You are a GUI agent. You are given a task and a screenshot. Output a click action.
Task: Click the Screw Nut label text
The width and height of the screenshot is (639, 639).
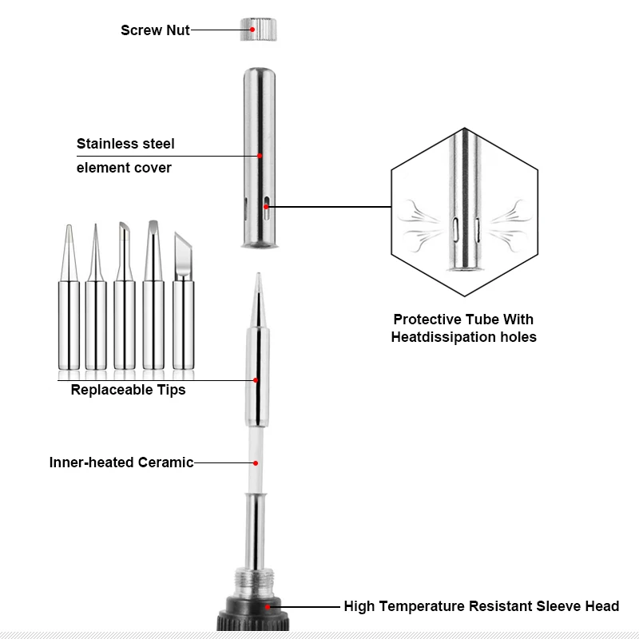[155, 30]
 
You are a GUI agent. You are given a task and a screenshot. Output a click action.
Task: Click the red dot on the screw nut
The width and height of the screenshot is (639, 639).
[252, 30]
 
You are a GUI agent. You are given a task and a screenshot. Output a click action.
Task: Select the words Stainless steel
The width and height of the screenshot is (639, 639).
[125, 145]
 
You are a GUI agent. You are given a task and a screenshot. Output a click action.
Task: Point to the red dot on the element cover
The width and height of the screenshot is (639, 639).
[260, 156]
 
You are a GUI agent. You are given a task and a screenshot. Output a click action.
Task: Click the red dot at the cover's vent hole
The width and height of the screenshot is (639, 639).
[266, 208]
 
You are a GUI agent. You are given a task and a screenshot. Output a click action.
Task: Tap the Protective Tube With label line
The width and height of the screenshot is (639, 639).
[463, 319]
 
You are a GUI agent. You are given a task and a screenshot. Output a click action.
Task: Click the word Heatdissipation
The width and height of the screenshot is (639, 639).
[440, 337]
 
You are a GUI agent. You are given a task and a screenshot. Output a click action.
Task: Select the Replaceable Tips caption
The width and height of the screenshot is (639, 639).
[128, 391]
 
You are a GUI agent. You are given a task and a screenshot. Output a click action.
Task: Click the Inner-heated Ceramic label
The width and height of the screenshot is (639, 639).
[121, 462]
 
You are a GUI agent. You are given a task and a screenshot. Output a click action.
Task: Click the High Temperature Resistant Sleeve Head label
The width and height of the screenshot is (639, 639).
[481, 606]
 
